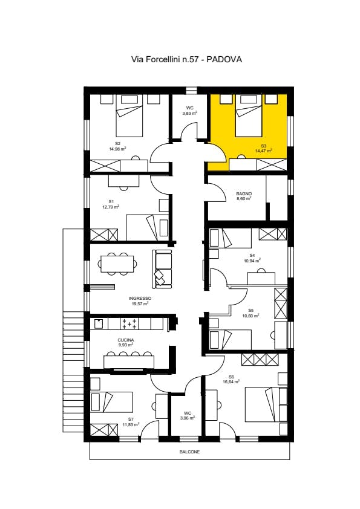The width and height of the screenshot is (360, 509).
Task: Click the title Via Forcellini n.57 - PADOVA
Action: (x=187, y=60)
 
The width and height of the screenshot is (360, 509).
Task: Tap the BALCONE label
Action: (x=189, y=452)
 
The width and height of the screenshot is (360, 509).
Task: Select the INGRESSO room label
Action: (x=140, y=299)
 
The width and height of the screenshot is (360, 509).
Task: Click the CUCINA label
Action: (x=126, y=340)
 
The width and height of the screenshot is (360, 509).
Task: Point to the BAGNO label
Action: (x=243, y=193)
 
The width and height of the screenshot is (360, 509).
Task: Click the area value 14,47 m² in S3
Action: (x=264, y=151)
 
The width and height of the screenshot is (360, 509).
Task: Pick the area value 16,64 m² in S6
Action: (x=231, y=382)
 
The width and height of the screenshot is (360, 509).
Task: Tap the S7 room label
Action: (x=131, y=419)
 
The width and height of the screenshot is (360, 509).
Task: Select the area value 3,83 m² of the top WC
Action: (x=189, y=113)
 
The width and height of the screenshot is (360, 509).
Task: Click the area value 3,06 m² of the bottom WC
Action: (x=187, y=418)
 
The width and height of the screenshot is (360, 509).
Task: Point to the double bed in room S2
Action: (x=129, y=117)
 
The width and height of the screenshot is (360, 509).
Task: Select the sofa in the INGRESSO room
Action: (x=163, y=268)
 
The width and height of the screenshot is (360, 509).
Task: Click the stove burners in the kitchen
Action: (x=129, y=324)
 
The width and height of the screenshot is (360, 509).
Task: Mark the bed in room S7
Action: (x=111, y=401)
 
